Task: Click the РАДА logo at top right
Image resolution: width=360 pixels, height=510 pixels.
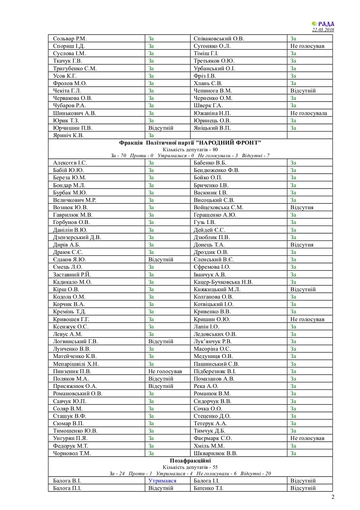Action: point(323,24)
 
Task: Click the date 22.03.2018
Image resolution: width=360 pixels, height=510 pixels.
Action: point(323,30)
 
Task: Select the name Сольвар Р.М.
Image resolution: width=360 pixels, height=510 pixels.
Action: point(70,39)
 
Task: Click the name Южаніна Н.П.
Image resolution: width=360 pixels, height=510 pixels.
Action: point(212,113)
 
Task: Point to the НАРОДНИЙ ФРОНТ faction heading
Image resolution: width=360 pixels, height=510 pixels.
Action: point(190,143)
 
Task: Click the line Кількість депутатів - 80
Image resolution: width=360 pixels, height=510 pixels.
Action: point(190,149)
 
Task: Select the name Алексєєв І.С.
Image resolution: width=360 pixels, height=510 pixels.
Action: point(70,163)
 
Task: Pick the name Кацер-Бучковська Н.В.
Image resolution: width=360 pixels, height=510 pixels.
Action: point(223,282)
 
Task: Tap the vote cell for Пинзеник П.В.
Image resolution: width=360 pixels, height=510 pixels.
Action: point(165,371)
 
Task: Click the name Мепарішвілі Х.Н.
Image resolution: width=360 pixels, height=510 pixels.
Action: point(76,364)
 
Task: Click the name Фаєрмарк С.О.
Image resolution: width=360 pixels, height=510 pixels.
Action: point(212,438)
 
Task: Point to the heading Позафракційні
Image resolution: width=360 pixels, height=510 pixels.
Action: point(190,461)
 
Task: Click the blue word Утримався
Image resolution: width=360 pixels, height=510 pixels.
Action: point(162,481)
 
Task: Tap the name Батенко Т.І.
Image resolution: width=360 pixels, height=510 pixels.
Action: point(208,488)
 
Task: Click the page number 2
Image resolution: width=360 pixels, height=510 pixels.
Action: point(333,497)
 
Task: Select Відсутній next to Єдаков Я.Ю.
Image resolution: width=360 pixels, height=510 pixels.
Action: point(161,260)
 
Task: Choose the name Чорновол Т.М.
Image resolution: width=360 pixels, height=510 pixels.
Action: point(72,453)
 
